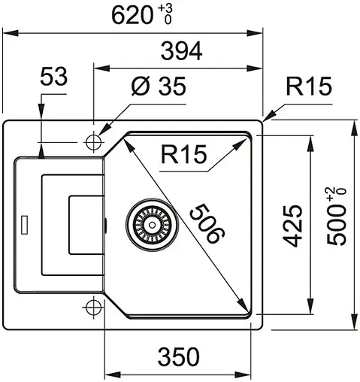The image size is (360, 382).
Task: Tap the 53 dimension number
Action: pos(53,77)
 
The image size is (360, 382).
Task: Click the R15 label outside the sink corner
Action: pos(308,87)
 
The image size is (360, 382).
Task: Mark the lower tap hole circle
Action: pos(93,306)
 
